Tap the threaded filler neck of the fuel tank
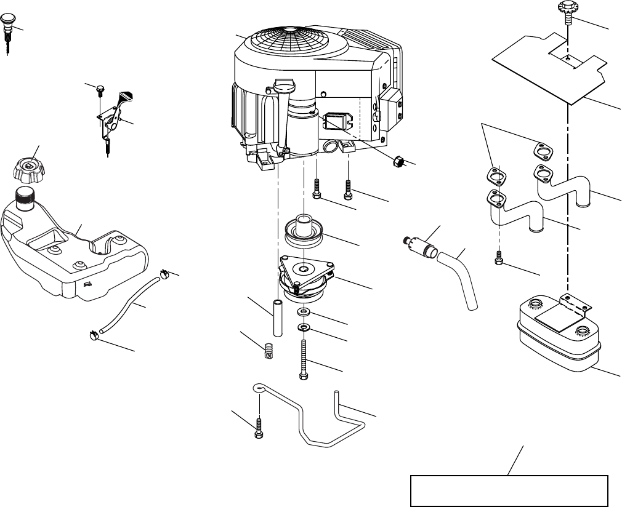pyautogui.click(x=26, y=199)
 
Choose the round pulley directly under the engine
pyautogui.click(x=305, y=233)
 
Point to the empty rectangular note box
pyautogui.click(x=509, y=490)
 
